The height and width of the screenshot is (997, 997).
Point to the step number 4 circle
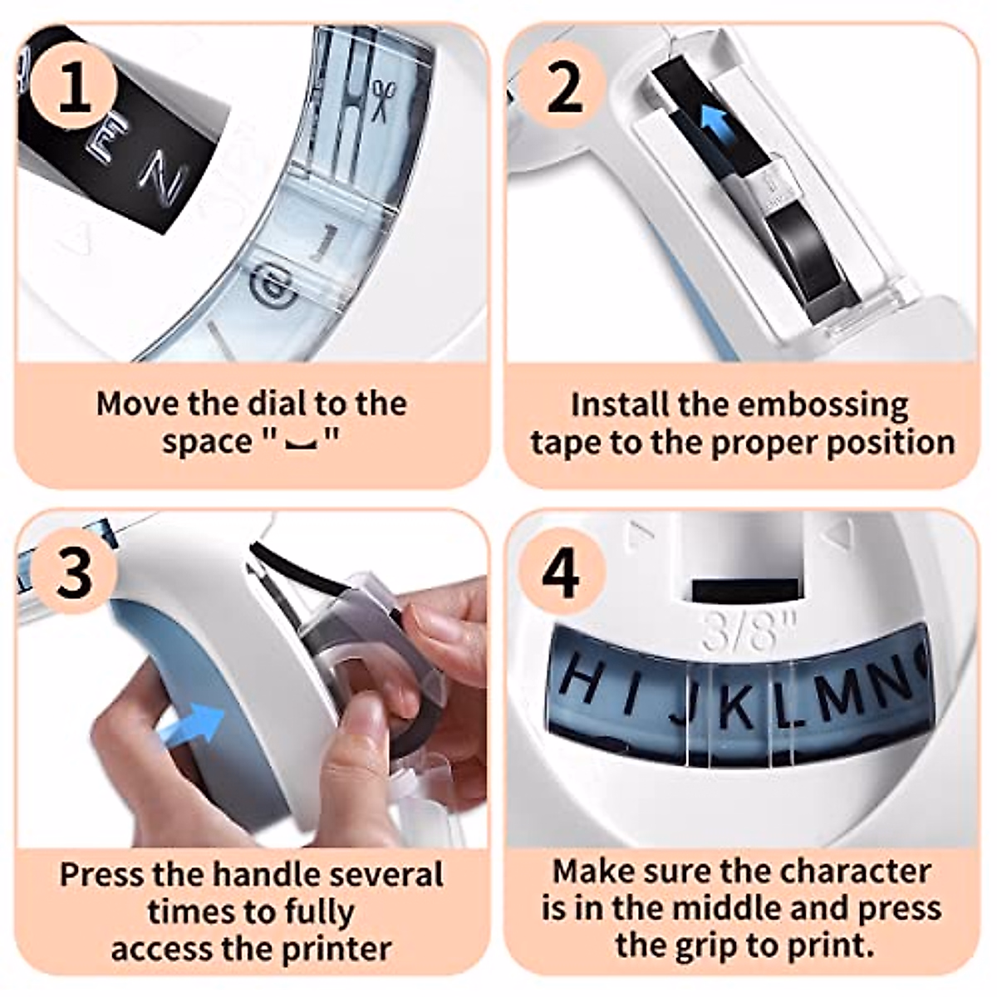562,575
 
